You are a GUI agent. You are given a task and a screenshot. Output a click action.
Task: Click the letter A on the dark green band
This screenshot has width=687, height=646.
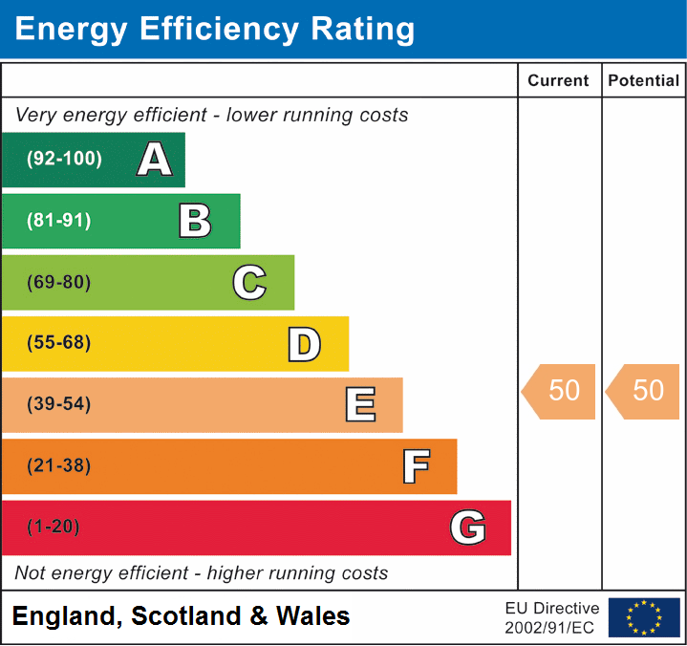coord(155,160)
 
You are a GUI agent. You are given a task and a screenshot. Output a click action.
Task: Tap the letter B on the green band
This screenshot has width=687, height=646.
coord(195,221)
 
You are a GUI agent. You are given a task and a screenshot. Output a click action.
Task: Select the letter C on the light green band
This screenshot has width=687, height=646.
coord(249,282)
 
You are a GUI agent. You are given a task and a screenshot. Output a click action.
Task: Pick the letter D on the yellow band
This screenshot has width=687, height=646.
coord(304,344)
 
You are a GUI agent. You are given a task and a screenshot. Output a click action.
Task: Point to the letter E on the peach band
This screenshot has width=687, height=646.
coord(360,405)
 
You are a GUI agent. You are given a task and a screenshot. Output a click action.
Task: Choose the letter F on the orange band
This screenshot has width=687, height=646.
coord(416,466)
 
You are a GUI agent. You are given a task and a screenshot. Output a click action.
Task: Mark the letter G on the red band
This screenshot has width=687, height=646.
coord(468,528)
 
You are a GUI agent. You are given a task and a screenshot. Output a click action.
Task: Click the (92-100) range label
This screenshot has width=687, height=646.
coord(64,160)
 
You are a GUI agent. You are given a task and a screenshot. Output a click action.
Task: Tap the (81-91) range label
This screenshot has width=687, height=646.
coord(59,221)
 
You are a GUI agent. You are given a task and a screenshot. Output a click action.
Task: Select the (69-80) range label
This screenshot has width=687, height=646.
coord(59,282)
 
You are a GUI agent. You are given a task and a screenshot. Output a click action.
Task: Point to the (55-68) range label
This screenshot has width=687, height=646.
coord(59,343)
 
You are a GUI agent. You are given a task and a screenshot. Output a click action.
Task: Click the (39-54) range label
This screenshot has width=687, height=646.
coord(59,404)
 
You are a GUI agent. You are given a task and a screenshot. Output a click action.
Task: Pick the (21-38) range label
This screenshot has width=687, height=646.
coord(59,466)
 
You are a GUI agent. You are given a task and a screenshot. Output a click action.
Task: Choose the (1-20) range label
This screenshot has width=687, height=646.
coord(54,528)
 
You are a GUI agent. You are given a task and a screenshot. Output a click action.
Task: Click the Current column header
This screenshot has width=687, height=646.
coord(560,81)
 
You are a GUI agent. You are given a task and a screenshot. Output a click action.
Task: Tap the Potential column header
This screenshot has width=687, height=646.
coord(644,81)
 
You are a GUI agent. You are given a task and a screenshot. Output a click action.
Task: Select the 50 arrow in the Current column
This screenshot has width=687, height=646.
coord(561,391)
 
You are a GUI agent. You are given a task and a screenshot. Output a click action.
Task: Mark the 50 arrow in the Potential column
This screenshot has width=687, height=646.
coord(645,391)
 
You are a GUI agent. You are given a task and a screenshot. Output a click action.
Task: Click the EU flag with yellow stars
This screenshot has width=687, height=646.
coord(644,617)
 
